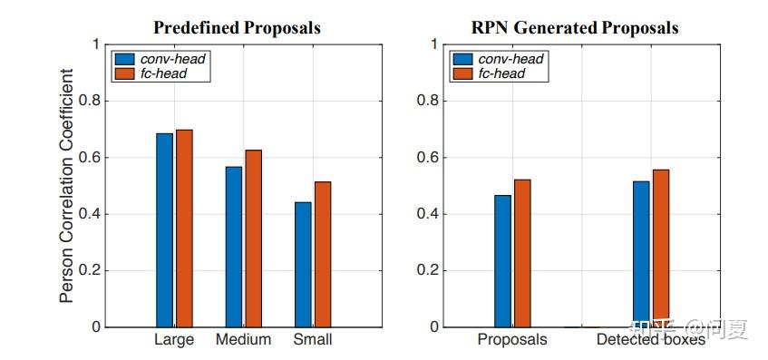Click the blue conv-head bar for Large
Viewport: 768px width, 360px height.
[164, 230]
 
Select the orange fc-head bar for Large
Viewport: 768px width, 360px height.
[184, 229]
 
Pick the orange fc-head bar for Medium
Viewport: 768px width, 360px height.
[253, 238]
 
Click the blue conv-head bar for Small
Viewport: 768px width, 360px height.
[303, 265]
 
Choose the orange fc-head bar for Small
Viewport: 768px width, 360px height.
[323, 255]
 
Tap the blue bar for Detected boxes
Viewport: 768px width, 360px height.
[641, 254]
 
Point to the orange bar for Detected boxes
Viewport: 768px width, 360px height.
[660, 248]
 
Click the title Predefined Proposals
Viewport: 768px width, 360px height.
[237, 28]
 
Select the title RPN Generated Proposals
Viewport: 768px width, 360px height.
[575, 28]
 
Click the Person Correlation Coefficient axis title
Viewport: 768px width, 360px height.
[68, 186]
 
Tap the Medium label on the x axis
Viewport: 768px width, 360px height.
[243, 340]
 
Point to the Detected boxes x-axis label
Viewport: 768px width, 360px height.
[649, 340]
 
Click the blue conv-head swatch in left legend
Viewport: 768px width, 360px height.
[125, 59]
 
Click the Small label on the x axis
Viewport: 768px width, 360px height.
[313, 340]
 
